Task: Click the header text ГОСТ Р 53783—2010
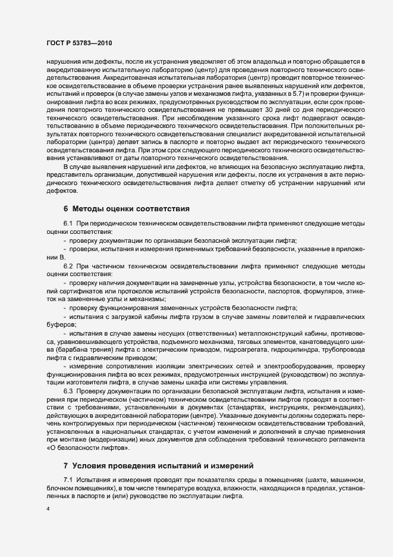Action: click(78, 43)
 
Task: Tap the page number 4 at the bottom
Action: click(48, 509)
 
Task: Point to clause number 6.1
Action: click(68, 223)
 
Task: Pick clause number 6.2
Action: click(68, 265)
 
